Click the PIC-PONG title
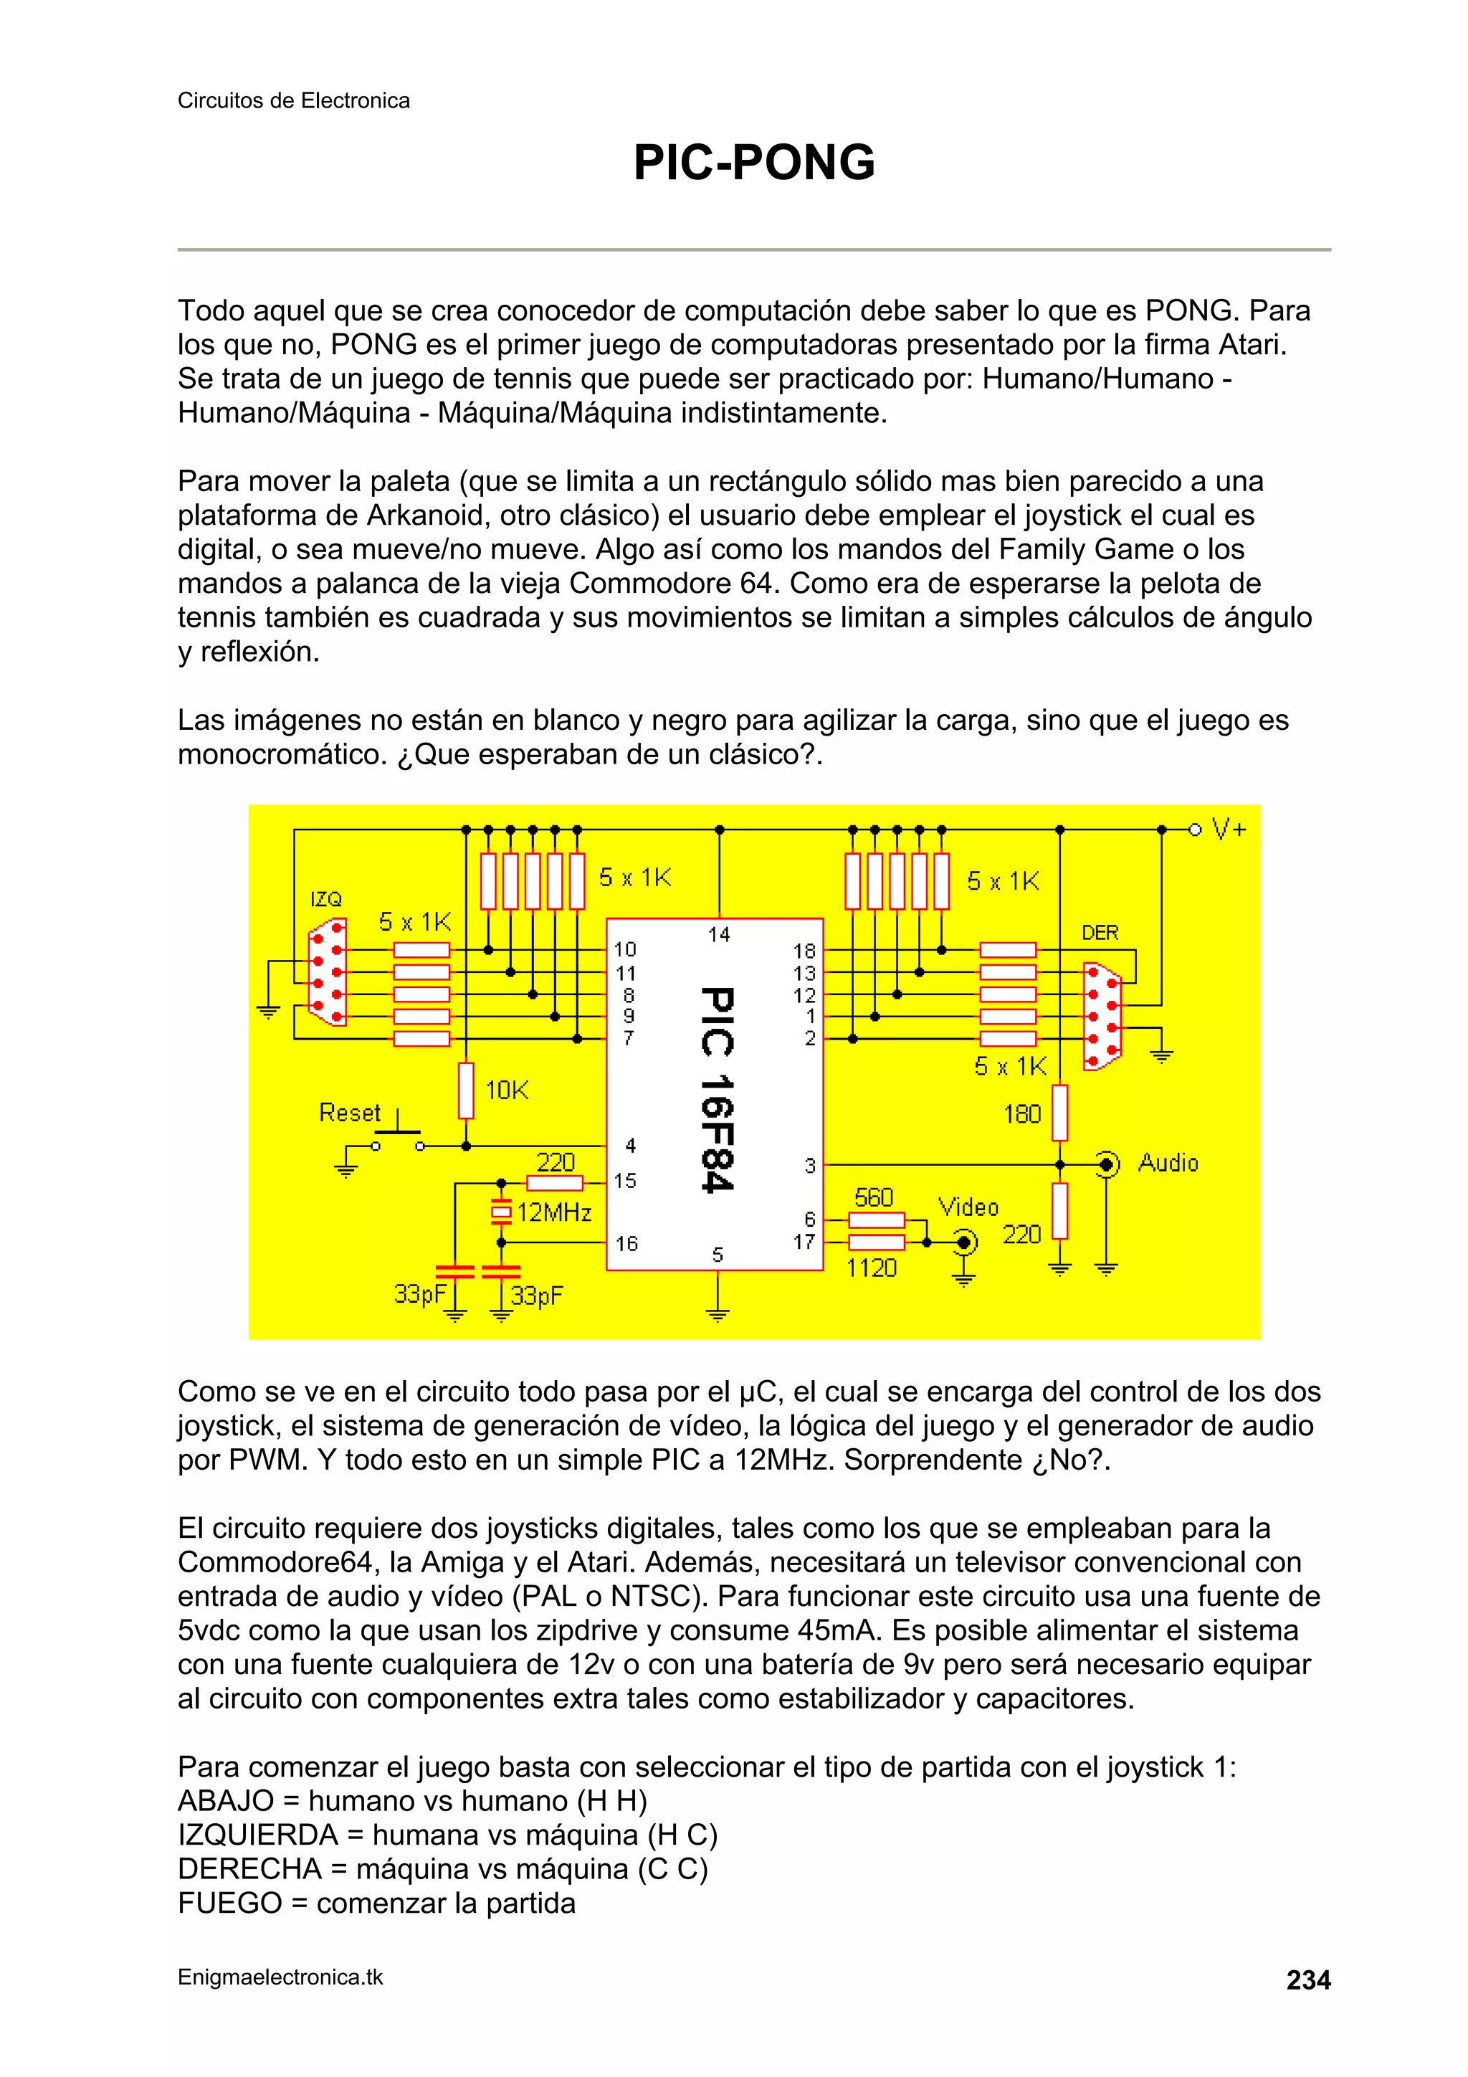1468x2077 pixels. click(753, 163)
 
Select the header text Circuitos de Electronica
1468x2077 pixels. click(293, 100)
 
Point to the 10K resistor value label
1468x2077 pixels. click(507, 1090)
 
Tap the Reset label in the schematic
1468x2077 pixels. click(349, 1113)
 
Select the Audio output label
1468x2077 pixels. click(1168, 1162)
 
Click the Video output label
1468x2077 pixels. click(968, 1207)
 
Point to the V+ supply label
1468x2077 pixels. click(1229, 829)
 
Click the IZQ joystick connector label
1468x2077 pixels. click(325, 899)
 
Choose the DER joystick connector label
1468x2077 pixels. click(1100, 933)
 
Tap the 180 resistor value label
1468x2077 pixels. click(1022, 1114)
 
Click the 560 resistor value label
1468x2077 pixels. click(873, 1198)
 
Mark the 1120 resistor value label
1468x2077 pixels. click(871, 1268)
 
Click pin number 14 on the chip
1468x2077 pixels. click(719, 934)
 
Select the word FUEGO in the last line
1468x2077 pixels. click(230, 1902)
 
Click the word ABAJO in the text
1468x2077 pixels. click(225, 1800)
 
